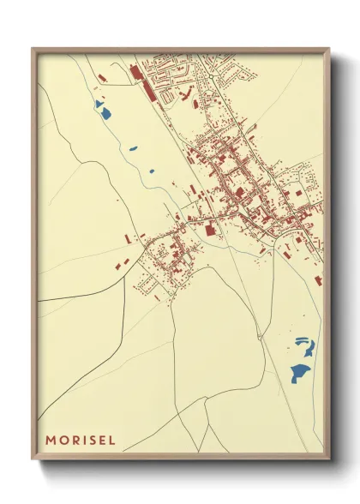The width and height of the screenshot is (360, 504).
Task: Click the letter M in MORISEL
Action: pyautogui.click(x=51, y=440)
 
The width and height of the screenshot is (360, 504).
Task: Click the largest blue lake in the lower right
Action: pyautogui.click(x=300, y=372)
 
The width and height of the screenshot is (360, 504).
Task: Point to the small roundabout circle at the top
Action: pyautogui.click(x=211, y=76)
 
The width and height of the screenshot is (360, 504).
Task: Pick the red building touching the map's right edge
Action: pyautogui.click(x=319, y=280)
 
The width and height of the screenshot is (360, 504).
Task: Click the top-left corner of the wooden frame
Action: pyautogui.click(x=33, y=49)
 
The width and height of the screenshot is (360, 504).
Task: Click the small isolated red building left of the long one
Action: pyautogui.click(x=102, y=78)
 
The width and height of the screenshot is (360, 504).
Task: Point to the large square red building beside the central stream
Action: pyautogui.click(x=211, y=229)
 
